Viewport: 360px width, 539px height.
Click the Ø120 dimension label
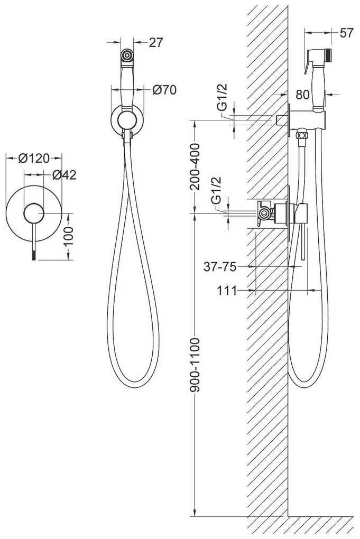pyautogui.click(x=34, y=158)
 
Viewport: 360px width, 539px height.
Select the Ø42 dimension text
pyautogui.click(x=64, y=175)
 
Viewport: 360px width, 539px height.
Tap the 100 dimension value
pyautogui.click(x=68, y=236)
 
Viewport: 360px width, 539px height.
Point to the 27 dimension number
pyautogui.click(x=155, y=42)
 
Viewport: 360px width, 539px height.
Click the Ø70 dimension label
pyautogui.click(x=164, y=90)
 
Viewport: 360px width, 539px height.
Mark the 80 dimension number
pyautogui.click(x=302, y=94)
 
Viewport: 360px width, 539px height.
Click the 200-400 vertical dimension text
pyautogui.click(x=195, y=167)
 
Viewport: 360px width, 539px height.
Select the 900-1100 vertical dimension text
pyautogui.click(x=195, y=365)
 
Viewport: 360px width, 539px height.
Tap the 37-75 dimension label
pyautogui.click(x=220, y=266)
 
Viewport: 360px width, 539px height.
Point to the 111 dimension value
pyautogui.click(x=227, y=291)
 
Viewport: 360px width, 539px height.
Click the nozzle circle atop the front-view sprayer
pyautogui.click(x=127, y=55)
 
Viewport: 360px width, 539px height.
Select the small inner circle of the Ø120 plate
pyautogui.click(x=34, y=213)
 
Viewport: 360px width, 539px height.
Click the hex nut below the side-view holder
pyautogui.click(x=302, y=133)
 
